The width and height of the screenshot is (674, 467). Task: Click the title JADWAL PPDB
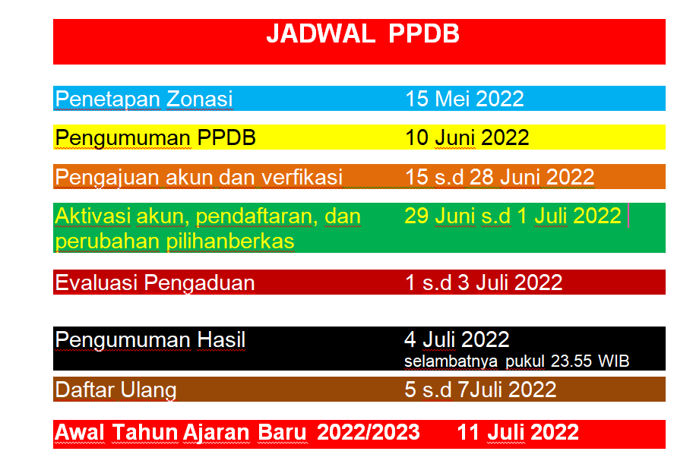(362, 33)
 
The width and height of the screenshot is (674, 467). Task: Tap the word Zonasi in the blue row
(199, 99)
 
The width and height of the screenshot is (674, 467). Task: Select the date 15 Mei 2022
(465, 99)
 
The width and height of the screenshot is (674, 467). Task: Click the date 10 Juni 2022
(467, 138)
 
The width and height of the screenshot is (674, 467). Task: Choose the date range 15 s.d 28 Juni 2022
(500, 177)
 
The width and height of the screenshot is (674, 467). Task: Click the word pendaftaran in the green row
(257, 216)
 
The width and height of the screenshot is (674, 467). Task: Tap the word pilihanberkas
(230, 241)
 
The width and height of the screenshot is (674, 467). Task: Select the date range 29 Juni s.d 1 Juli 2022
(513, 216)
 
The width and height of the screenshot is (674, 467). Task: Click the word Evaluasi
(96, 282)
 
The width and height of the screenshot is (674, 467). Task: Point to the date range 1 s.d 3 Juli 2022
(483, 282)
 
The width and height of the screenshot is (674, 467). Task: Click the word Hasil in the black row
(221, 340)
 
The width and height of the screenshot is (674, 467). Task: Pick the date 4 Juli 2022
(457, 340)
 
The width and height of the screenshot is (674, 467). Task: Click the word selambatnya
(451, 361)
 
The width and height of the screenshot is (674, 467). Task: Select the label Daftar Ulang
(116, 390)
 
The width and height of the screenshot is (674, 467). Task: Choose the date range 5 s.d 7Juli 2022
(480, 390)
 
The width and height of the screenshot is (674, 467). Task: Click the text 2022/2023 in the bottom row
(369, 432)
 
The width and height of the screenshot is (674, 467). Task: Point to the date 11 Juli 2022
(518, 432)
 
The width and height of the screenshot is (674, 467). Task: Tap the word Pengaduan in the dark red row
(199, 283)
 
